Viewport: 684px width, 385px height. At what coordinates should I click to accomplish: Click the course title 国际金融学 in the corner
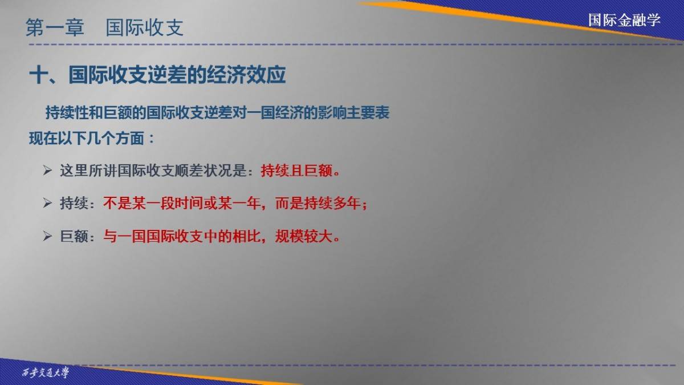625,20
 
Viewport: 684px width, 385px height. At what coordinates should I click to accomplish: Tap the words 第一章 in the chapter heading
55,27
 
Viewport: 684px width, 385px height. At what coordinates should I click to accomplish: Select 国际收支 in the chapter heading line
144,27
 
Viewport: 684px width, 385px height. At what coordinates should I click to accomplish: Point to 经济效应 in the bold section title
246,75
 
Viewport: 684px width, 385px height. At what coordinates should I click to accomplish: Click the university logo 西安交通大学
46,372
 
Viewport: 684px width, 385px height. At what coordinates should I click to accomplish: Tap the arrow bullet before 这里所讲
47,170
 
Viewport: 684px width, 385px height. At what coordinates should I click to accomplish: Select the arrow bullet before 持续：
47,203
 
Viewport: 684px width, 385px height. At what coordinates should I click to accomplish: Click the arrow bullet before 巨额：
47,236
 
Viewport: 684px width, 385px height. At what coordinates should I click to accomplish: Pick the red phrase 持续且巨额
296,171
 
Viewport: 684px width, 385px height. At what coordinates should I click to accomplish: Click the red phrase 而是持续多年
317,203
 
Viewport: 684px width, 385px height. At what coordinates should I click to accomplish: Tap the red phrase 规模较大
303,236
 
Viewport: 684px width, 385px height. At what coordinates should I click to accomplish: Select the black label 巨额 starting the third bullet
74,236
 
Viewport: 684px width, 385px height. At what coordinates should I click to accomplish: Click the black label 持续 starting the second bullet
74,203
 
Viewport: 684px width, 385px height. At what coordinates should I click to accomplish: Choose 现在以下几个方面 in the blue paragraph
87,139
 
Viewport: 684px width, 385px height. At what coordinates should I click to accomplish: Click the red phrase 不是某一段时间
153,203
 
